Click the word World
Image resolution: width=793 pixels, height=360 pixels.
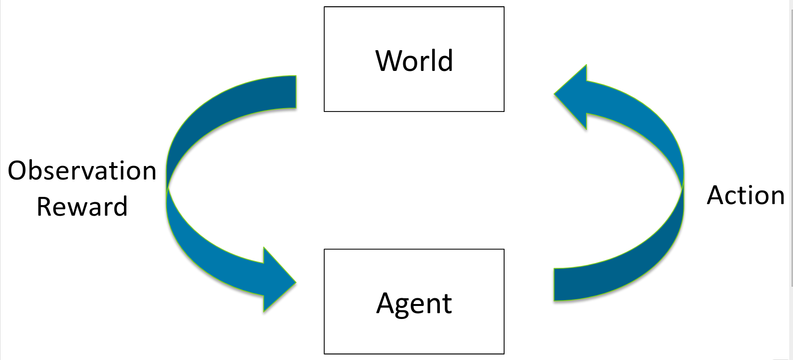click(x=414, y=61)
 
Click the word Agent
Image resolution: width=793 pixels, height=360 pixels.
click(x=414, y=304)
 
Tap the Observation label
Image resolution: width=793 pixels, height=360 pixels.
click(x=82, y=171)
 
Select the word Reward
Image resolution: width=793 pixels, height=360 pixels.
click(x=82, y=207)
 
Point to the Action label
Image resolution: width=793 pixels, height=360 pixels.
click(x=746, y=195)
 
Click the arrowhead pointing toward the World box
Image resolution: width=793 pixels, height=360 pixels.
click(x=572, y=97)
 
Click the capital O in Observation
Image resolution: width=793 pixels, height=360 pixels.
click(x=19, y=171)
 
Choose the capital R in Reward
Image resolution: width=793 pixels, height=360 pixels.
click(x=45, y=207)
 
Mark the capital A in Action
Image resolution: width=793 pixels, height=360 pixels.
click(x=717, y=195)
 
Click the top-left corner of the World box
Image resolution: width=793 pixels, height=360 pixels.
click(x=325, y=7)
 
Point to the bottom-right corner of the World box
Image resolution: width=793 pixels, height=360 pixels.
click(x=504, y=111)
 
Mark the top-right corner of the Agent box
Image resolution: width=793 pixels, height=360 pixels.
click(x=504, y=249)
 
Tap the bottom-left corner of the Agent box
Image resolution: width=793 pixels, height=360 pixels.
click(x=325, y=353)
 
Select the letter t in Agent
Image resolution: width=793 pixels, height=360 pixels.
click(x=447, y=304)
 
